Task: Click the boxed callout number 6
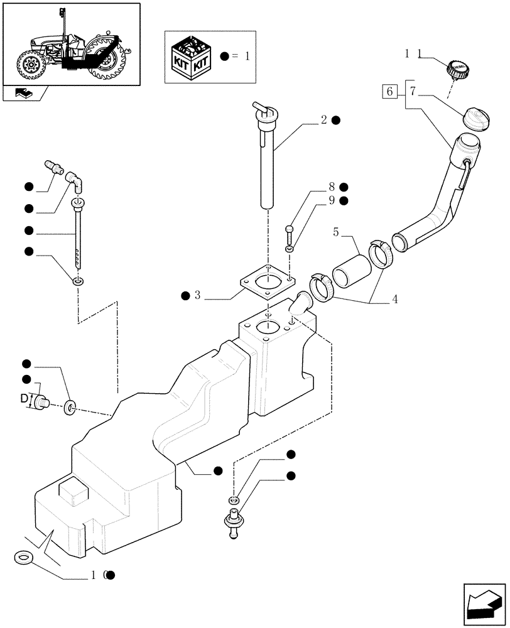[389, 92]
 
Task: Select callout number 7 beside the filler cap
[413, 92]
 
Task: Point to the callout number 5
[337, 232]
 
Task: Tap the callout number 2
[323, 120]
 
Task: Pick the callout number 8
[330, 187]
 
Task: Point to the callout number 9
[330, 200]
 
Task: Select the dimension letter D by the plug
[24, 398]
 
